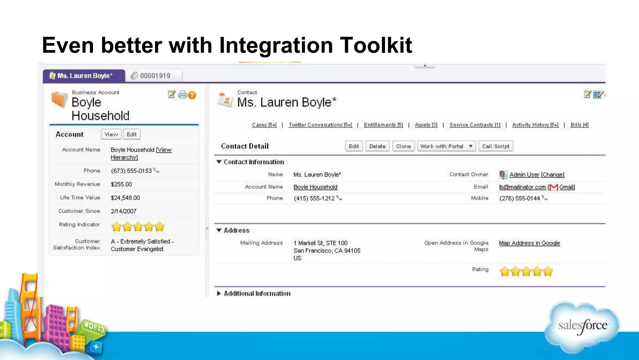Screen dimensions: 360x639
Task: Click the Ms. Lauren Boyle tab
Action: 84,76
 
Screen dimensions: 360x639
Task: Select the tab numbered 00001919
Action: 155,76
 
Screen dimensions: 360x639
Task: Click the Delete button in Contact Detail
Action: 377,146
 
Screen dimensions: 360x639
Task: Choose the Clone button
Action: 403,146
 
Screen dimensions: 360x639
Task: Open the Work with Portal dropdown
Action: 446,146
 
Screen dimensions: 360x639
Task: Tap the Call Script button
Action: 495,146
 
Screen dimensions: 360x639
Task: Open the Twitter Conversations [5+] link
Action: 320,125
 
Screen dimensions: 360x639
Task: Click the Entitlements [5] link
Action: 383,125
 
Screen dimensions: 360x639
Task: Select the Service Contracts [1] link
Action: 475,125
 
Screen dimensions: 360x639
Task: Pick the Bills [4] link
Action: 579,125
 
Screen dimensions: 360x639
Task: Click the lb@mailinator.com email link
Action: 522,187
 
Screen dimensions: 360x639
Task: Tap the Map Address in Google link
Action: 529,243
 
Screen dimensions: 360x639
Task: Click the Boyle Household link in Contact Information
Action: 315,187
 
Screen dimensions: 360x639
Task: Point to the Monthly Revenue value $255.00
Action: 121,184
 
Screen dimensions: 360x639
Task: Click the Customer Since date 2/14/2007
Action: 124,211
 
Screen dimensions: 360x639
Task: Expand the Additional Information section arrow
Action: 219,293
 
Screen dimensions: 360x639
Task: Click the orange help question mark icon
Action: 192,95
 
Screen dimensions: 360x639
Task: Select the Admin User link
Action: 524,175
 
